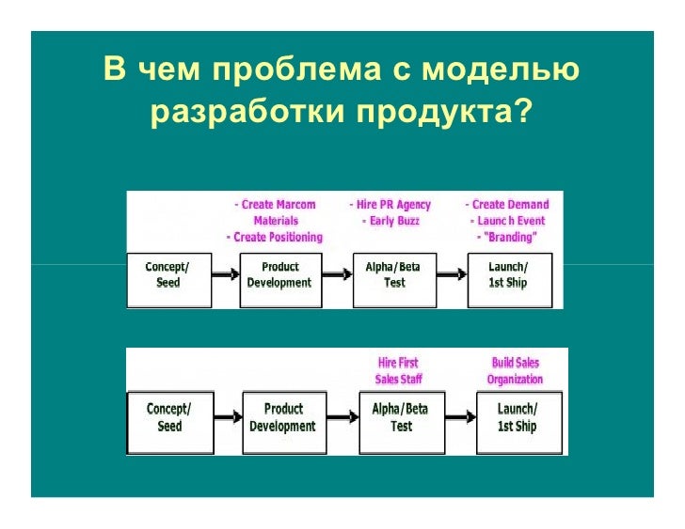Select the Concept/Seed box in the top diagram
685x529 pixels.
167,275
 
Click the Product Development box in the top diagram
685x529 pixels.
279,275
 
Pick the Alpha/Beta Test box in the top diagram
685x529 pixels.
393,275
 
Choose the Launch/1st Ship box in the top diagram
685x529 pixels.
508,275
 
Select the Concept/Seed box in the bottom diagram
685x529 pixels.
168,417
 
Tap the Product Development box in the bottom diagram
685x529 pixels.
283,417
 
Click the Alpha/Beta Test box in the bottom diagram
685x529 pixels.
401,417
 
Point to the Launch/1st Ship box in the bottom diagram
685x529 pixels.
517,417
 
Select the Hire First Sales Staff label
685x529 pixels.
398,370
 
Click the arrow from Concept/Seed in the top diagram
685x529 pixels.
223,274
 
